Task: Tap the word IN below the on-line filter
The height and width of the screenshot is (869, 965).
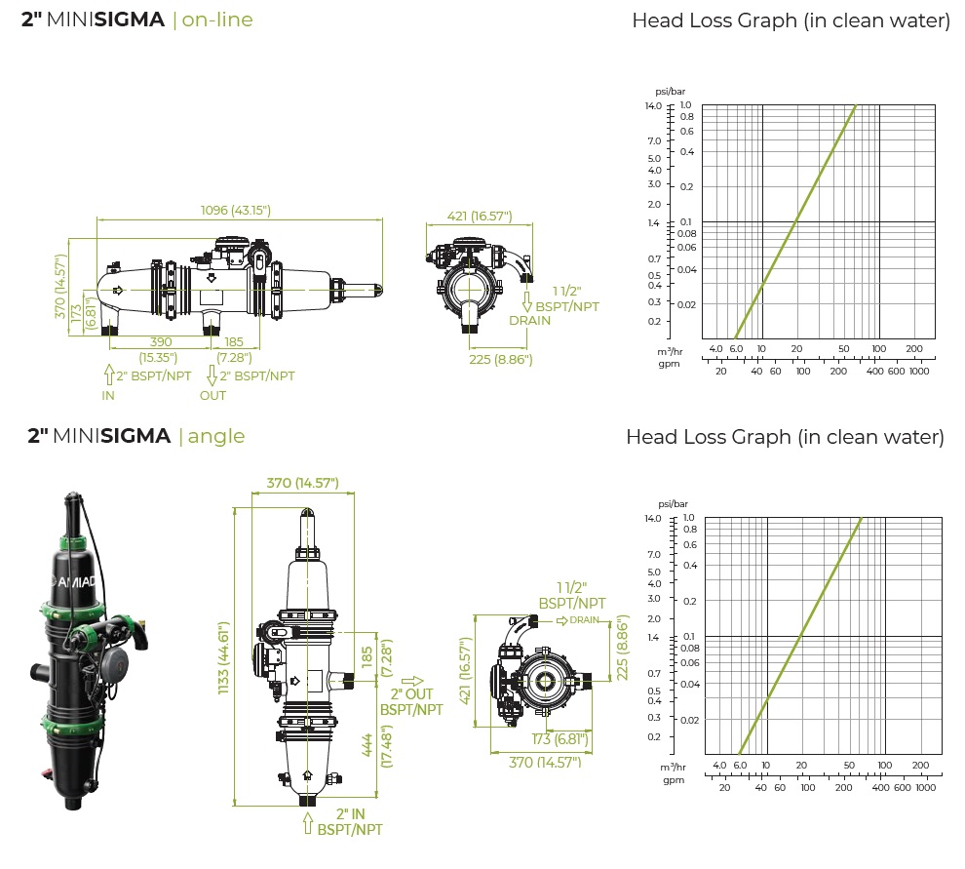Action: [108, 395]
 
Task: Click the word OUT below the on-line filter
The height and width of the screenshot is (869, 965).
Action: [212, 395]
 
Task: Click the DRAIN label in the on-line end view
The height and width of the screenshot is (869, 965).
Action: [530, 320]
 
